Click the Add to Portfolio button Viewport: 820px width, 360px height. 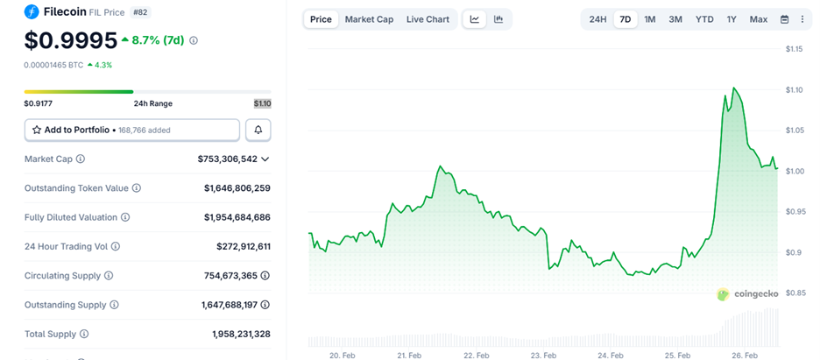click(131, 130)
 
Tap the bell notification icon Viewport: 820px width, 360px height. click(258, 130)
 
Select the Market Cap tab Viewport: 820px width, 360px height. click(369, 19)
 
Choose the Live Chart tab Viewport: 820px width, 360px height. click(428, 19)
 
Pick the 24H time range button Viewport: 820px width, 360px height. click(597, 19)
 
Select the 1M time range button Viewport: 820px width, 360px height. click(650, 19)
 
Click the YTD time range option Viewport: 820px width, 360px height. click(704, 19)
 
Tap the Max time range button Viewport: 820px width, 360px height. click(759, 19)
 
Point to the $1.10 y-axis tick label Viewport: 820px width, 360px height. click(795, 89)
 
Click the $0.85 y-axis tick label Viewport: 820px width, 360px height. click(795, 293)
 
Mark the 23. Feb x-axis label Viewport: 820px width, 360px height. click(543, 355)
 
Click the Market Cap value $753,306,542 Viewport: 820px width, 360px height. click(227, 159)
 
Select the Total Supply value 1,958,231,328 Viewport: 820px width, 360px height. click(241, 334)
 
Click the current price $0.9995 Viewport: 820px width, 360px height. click(70, 40)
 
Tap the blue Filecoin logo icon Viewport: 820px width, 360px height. click(32, 12)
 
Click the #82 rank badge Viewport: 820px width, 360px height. click(140, 12)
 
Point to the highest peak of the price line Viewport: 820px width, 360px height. click(733, 88)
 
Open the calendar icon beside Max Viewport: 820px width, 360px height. click(785, 19)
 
